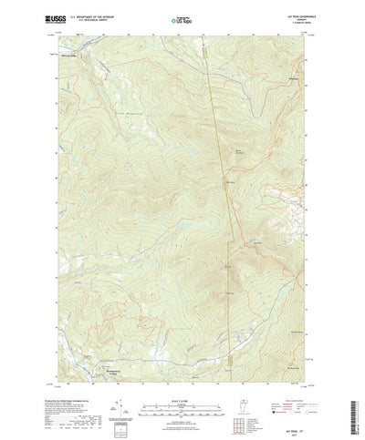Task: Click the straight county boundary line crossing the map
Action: [x=217, y=182]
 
